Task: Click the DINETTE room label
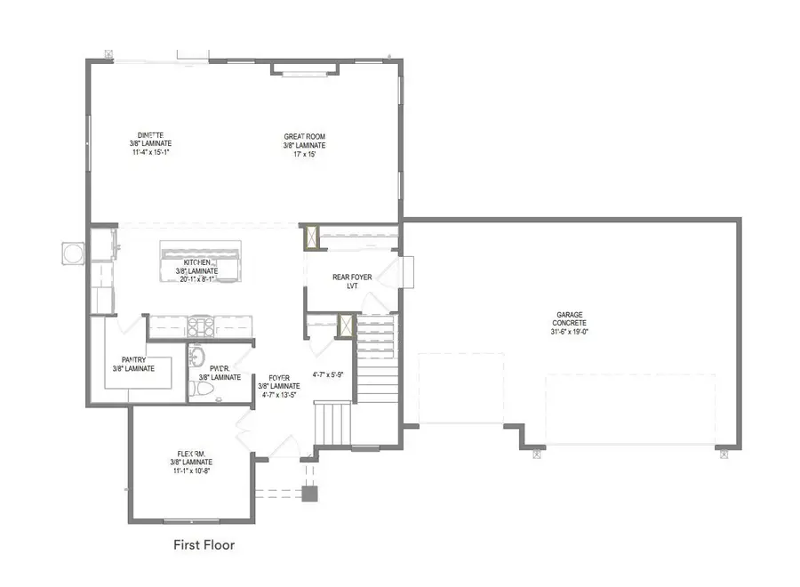[148, 135]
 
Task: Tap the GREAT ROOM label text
[304, 136]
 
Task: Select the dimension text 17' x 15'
[304, 153]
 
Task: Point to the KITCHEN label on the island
[197, 263]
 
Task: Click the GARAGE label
[570, 315]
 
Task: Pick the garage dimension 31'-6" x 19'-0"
[570, 333]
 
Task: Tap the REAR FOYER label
[352, 277]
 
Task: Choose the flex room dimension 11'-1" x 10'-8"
[191, 471]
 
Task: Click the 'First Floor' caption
[204, 544]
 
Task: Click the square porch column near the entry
[309, 495]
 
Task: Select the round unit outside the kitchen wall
[71, 253]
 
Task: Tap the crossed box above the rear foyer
[312, 237]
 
